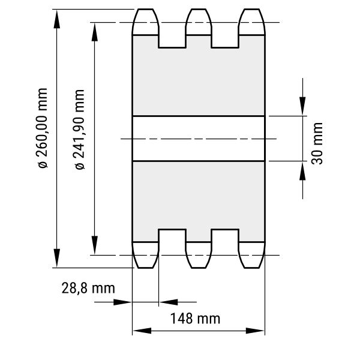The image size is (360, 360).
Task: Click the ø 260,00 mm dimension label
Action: pos(43,128)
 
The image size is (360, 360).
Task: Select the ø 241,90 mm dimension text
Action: pos(80,130)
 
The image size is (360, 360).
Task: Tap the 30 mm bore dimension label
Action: pos(317,143)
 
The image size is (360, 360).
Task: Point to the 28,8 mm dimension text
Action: pos(88,289)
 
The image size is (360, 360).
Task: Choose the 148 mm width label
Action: pos(195,319)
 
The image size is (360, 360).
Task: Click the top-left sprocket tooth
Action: pos(145,22)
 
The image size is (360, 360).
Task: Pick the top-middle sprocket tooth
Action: pos(199,22)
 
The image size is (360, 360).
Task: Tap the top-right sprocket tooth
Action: pos(251,22)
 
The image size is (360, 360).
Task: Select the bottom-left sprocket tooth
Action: pos(145,255)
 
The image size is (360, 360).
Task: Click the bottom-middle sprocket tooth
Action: pos(199,255)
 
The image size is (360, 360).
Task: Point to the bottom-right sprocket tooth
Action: pos(251,255)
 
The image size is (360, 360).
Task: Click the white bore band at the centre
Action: pos(199,139)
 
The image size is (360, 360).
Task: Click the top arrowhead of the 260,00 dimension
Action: pos(57,19)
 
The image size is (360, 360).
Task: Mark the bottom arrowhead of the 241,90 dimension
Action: pos(95,245)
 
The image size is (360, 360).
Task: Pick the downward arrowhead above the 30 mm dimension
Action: pos(302,106)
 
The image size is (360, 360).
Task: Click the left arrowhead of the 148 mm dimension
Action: pos(142,331)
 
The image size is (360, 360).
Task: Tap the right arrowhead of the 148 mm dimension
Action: pos(255,331)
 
